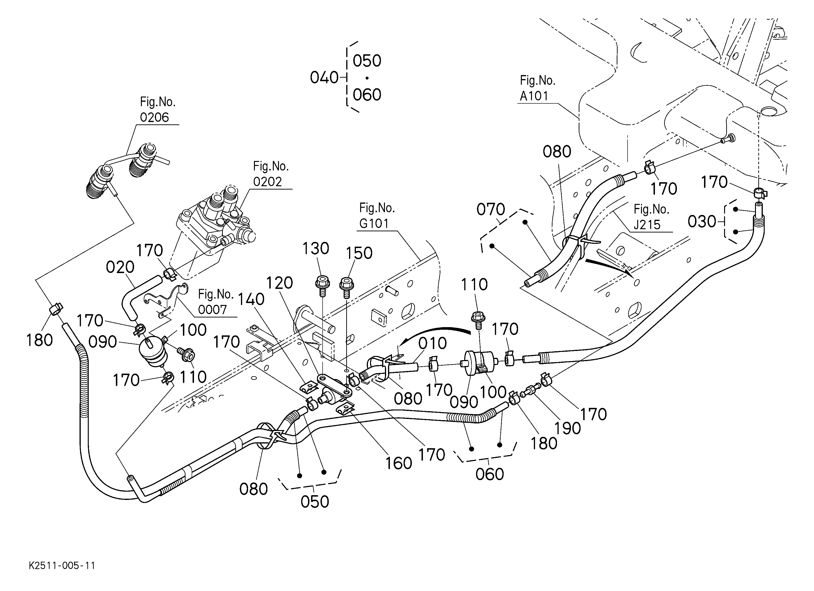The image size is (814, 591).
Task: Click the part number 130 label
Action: point(316,248)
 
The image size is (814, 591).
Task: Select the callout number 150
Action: point(359,253)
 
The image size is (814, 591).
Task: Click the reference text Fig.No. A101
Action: point(537,88)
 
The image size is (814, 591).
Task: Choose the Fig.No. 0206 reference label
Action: point(158,110)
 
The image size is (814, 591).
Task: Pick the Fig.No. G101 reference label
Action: point(377,216)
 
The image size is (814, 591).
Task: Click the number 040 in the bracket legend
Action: point(324,77)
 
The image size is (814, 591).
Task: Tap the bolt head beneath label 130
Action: point(322,283)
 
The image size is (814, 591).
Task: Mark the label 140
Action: point(251,299)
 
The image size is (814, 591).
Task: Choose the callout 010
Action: point(432,343)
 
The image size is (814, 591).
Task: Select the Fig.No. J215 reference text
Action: point(651,217)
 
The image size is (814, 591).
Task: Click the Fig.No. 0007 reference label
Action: point(216,302)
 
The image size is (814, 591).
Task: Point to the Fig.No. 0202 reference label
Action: point(271,174)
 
